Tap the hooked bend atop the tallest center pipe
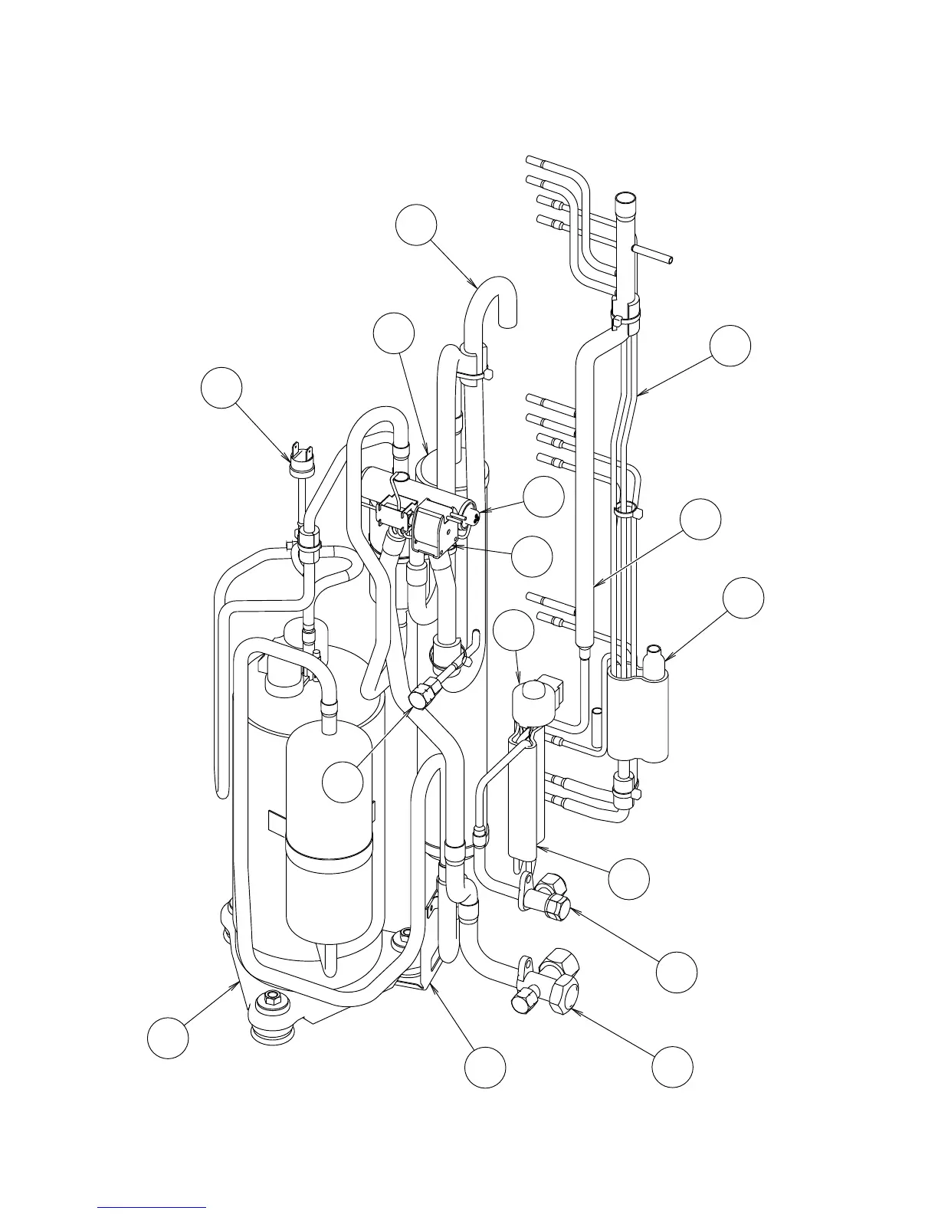click(x=495, y=294)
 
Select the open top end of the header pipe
click(x=626, y=201)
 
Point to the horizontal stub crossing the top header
click(x=655, y=255)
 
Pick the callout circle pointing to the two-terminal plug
click(x=221, y=388)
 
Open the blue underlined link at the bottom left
click(x=152, y=1209)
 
